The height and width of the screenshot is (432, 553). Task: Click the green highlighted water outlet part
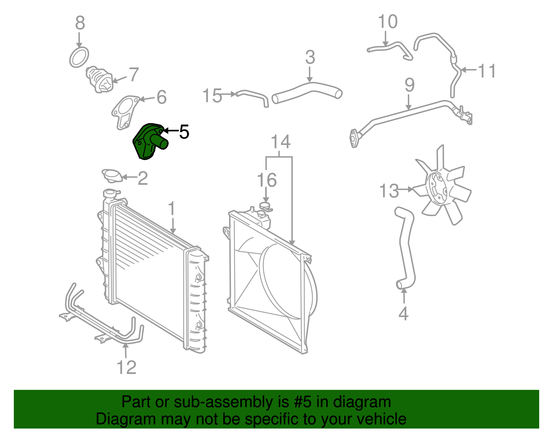click(x=149, y=142)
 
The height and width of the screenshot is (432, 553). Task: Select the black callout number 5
click(x=184, y=132)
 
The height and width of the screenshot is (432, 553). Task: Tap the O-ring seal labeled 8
click(x=79, y=57)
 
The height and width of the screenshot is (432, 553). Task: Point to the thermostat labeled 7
click(x=100, y=80)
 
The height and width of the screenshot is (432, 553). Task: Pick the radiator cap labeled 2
click(x=112, y=175)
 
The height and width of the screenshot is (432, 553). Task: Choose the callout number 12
click(x=126, y=367)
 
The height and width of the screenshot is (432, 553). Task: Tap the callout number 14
click(x=280, y=142)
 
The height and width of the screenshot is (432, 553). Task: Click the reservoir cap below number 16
click(x=265, y=206)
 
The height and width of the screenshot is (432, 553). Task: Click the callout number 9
click(x=409, y=85)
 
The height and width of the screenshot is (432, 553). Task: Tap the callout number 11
click(x=487, y=71)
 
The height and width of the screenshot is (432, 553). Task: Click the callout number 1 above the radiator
click(x=172, y=209)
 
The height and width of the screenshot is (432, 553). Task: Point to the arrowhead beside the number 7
click(x=115, y=82)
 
